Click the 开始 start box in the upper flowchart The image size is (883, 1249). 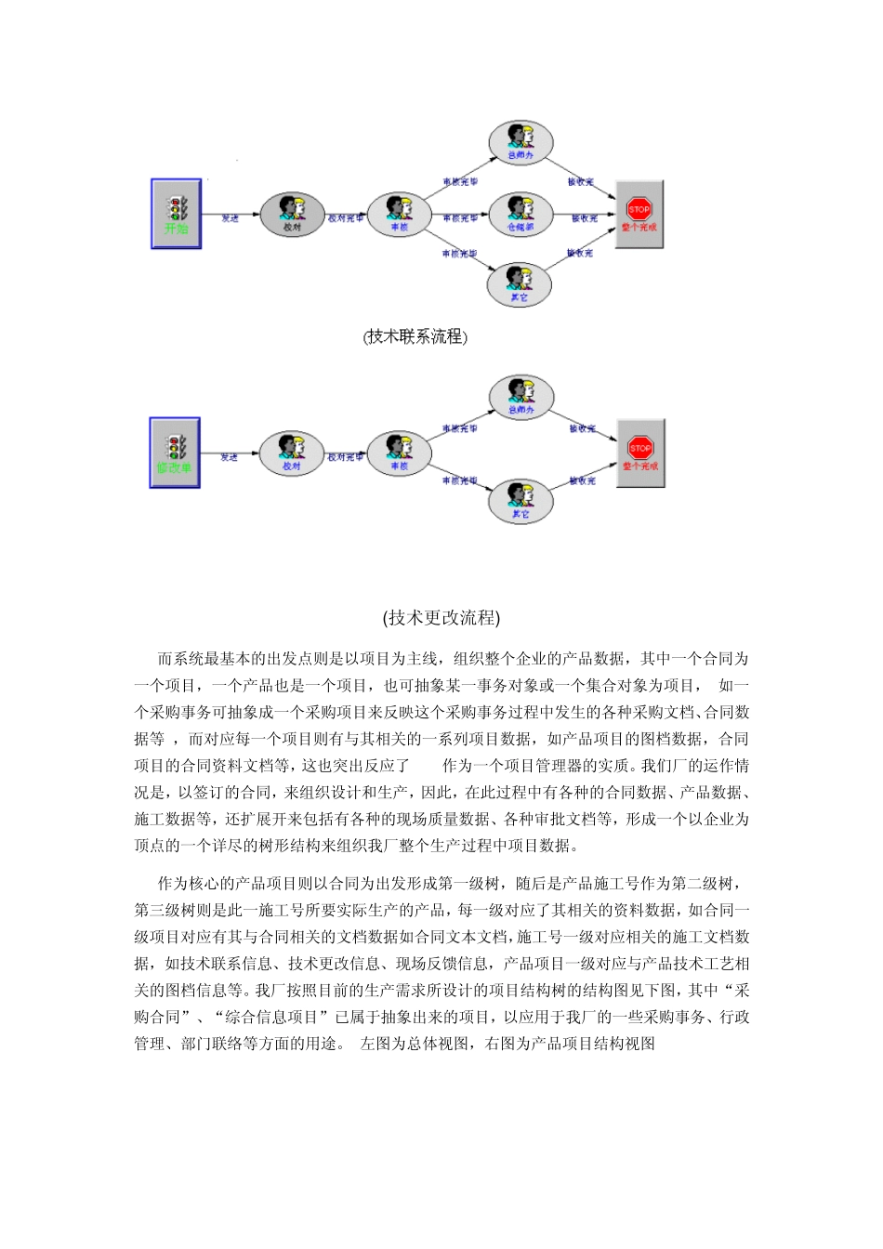(177, 214)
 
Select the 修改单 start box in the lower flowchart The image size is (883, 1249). (175, 453)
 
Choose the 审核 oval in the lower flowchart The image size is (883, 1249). (399, 453)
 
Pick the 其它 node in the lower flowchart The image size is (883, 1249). (521, 501)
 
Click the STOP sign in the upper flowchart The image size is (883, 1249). (639, 209)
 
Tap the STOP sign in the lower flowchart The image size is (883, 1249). (640, 448)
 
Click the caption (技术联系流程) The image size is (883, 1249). (415, 336)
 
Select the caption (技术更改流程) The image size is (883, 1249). (441, 618)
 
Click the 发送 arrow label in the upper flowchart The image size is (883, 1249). (230, 218)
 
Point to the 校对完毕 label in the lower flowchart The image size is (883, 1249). (345, 457)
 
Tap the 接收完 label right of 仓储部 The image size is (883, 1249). (584, 218)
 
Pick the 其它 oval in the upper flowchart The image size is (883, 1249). (520, 283)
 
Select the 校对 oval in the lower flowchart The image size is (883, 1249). (292, 453)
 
